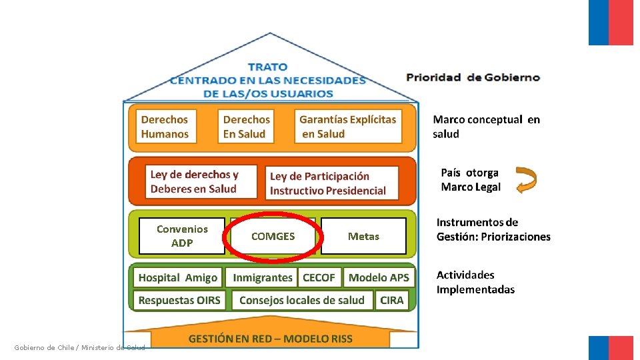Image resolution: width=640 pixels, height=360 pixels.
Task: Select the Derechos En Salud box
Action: click(x=246, y=127)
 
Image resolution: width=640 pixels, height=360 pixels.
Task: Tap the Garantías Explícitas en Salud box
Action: click(x=348, y=127)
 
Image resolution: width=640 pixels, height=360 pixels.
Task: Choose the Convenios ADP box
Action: click(x=182, y=236)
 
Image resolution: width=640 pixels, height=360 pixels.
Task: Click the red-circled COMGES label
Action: click(x=273, y=236)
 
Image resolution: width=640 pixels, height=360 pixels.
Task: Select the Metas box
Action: click(x=363, y=236)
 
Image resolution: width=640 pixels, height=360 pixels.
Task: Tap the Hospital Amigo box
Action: click(x=178, y=277)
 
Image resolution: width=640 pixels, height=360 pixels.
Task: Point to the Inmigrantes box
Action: click(x=263, y=277)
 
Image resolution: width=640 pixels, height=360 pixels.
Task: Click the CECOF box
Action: click(x=319, y=277)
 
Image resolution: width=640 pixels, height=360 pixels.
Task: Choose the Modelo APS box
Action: click(x=379, y=277)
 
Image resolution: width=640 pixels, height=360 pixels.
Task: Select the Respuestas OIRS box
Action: click(x=179, y=300)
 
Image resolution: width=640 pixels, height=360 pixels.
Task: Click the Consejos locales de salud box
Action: click(x=302, y=300)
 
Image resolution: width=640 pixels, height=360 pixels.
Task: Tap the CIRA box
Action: click(x=392, y=300)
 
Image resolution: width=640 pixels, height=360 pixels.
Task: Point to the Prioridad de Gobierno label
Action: click(x=473, y=77)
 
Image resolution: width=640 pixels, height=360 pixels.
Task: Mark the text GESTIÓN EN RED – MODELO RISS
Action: click(x=270, y=339)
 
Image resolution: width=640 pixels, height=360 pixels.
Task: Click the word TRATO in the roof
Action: click(x=267, y=67)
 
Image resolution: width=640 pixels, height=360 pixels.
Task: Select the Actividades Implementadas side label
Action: click(x=475, y=282)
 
